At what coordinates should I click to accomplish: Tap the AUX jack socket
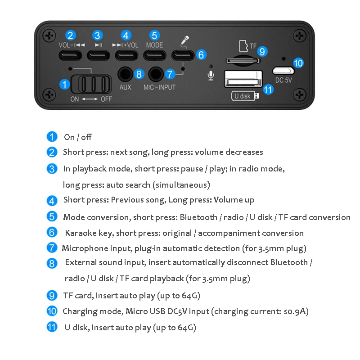pos(126,73)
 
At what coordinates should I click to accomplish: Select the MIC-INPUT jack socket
pos(156,73)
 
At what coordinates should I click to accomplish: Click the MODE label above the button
pos(154,45)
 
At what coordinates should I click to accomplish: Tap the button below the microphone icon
pos(182,55)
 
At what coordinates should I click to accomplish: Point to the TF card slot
pos(242,60)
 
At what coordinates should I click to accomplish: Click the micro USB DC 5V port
pos(283,71)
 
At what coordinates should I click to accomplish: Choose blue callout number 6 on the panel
pos(202,55)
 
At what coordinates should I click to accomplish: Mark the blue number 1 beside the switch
pos(65,84)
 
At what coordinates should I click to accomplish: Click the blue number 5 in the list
pos(52,216)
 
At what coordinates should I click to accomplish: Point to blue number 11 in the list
pos(52,327)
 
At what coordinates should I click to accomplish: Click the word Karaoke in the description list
pos(79,233)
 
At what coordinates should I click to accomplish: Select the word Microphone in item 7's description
pos(84,248)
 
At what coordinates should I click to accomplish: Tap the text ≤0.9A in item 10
pos(294,311)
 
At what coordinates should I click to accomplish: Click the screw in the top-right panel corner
pos(299,35)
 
